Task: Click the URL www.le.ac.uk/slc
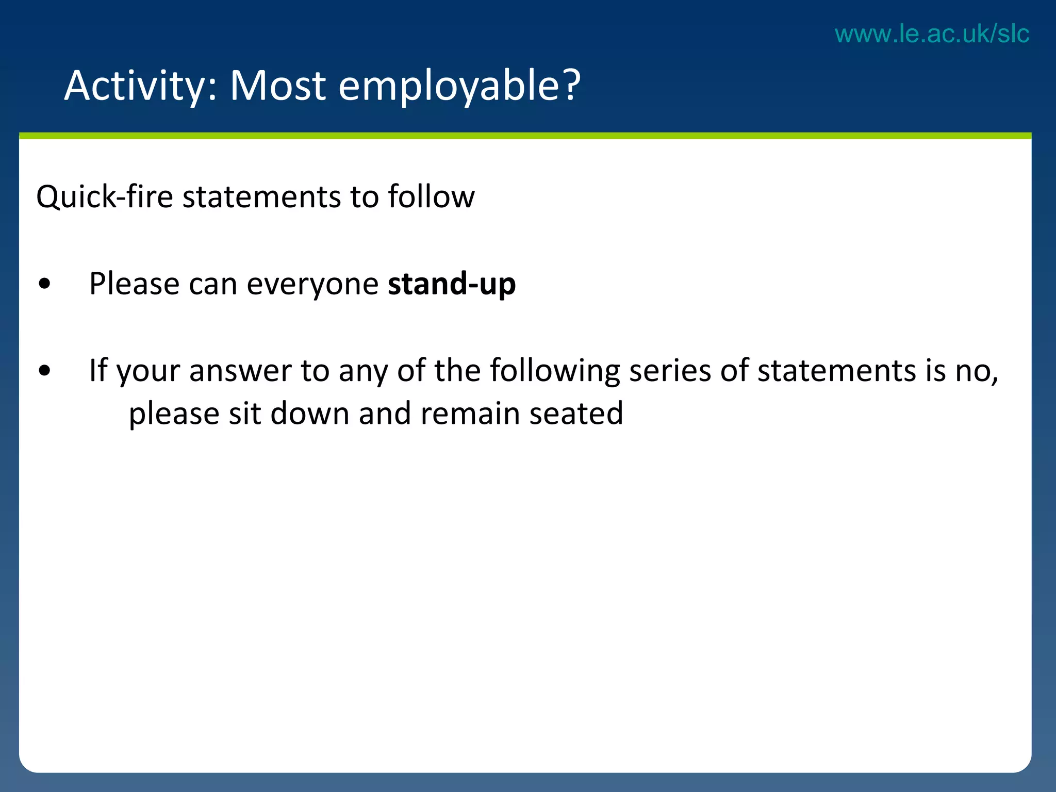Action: click(x=932, y=34)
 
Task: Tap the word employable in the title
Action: click(x=449, y=86)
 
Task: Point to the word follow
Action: click(x=431, y=197)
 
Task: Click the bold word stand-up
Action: click(x=452, y=284)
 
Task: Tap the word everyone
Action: click(x=312, y=284)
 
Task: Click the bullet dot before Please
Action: click(x=45, y=284)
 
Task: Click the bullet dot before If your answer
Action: click(x=45, y=371)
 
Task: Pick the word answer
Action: click(x=240, y=371)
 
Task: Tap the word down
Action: click(x=310, y=414)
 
